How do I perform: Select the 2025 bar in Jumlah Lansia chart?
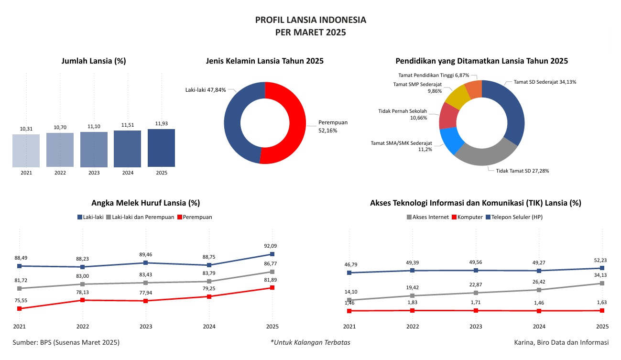click(161, 148)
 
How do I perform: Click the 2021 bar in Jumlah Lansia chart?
click(26, 151)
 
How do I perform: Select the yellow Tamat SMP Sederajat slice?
click(456, 97)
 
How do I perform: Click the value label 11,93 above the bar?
click(161, 123)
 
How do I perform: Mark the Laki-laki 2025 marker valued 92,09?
click(272, 254)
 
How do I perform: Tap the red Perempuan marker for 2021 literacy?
click(19, 309)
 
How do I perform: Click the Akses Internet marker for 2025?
click(602, 283)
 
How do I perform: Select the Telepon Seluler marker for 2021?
click(349, 273)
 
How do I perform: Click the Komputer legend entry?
click(467, 217)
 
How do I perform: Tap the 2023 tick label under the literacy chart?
click(146, 327)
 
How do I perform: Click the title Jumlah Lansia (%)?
click(94, 61)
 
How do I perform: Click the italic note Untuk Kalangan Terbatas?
click(310, 342)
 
